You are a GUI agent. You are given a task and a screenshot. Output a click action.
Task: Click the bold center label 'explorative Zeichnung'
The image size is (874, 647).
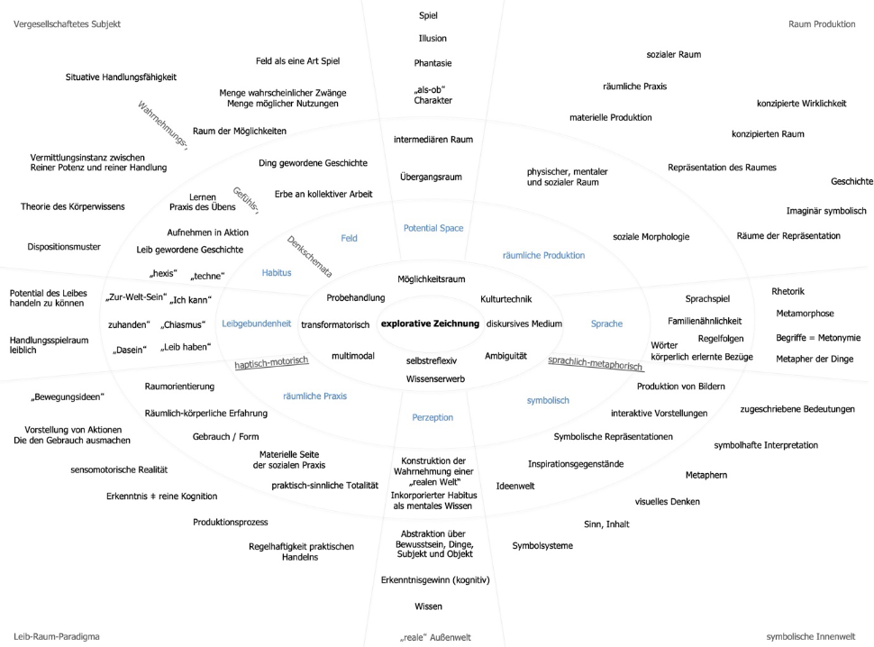pos(430,323)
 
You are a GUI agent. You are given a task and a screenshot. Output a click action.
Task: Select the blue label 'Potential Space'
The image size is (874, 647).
pos(433,228)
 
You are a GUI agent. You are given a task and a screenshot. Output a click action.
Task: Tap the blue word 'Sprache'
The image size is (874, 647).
pos(606,323)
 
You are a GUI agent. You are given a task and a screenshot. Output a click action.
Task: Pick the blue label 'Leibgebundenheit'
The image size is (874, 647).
pos(257,323)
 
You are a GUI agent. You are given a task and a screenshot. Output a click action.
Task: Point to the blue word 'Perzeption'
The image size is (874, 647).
pos(432,417)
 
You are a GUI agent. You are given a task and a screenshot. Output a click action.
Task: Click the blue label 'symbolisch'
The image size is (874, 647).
pos(548,400)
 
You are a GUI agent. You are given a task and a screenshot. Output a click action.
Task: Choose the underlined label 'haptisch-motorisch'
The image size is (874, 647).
pos(271,363)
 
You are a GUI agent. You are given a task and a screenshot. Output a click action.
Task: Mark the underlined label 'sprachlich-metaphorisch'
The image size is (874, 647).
pos(596,363)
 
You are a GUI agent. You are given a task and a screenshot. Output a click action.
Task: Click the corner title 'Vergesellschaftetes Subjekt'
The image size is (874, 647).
pos(67,24)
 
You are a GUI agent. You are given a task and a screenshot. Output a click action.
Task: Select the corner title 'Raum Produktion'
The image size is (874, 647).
pos(822,24)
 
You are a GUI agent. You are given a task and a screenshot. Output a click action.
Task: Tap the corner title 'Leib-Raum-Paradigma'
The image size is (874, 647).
pos(56,636)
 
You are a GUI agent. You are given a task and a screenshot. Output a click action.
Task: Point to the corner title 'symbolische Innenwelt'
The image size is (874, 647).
pos(810,636)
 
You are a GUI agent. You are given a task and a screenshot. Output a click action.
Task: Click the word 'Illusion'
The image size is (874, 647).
pos(432,39)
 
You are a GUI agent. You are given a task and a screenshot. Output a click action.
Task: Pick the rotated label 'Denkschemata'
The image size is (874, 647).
pos(309,256)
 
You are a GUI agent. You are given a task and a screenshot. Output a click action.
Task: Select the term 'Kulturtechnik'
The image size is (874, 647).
pos(506,299)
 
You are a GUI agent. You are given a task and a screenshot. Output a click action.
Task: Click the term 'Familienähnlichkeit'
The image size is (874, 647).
pos(705,321)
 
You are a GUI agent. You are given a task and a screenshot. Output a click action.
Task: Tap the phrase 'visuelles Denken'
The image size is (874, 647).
pos(667,502)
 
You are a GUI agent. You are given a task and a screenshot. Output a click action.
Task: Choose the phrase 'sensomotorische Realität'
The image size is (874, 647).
pos(119,469)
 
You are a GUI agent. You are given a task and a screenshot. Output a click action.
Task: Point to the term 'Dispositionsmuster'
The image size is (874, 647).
pos(64,247)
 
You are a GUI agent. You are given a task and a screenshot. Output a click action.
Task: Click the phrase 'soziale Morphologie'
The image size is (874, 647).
pos(651,237)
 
